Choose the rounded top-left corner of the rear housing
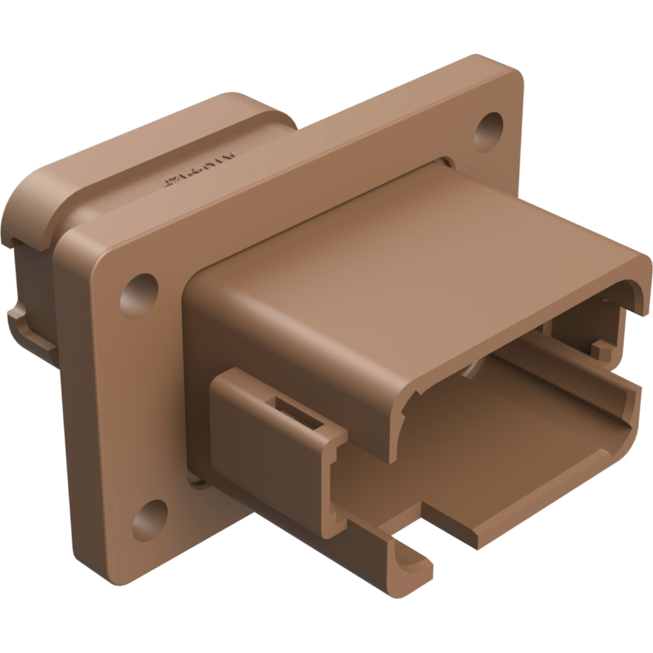pos(30,185)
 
